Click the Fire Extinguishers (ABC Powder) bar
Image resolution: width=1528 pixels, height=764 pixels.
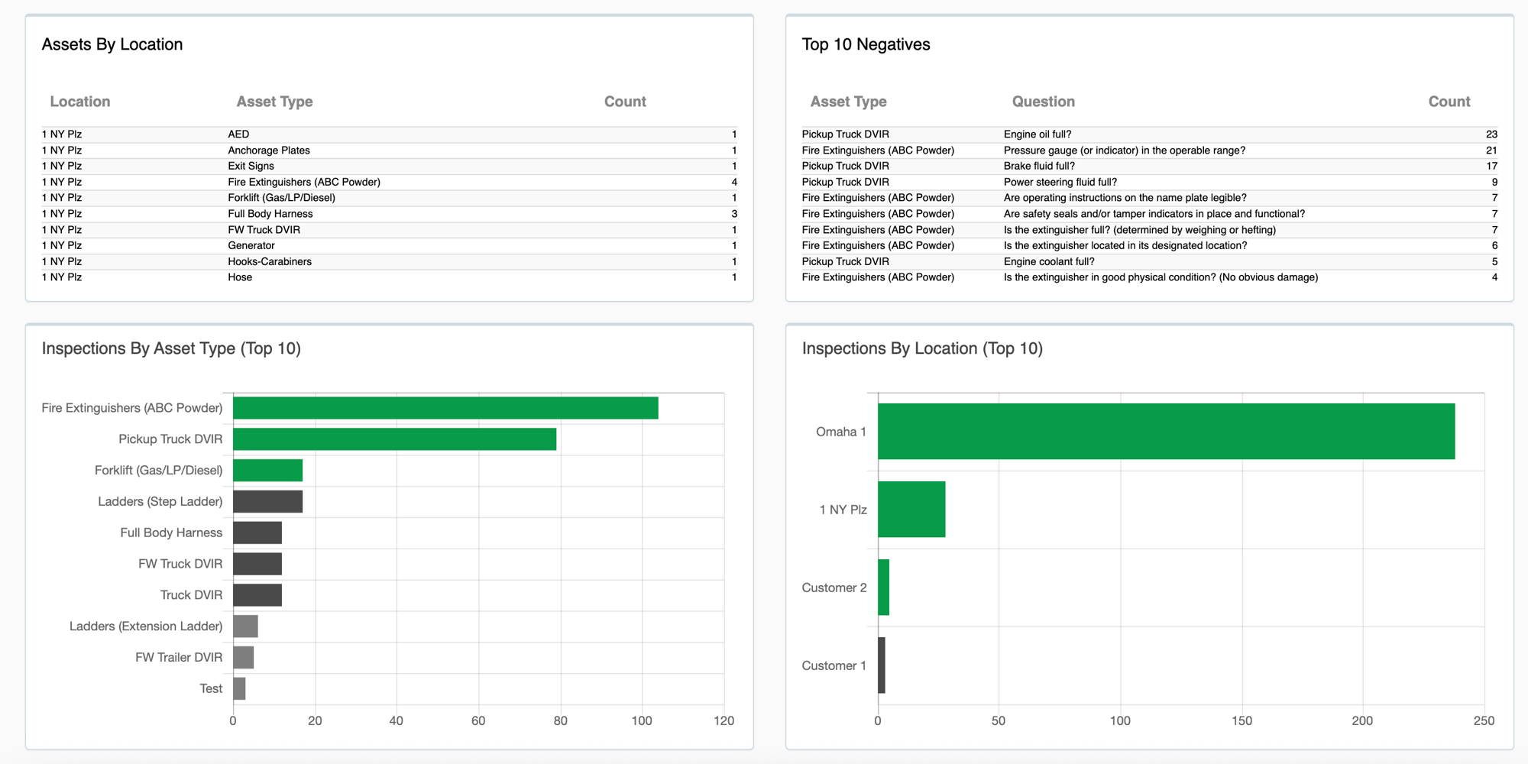click(x=445, y=408)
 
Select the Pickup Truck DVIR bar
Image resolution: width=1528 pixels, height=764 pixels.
click(x=394, y=439)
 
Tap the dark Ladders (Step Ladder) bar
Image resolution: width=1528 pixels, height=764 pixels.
click(x=267, y=501)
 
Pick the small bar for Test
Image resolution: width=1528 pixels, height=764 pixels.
click(x=239, y=688)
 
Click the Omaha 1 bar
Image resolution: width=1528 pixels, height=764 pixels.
click(x=1166, y=432)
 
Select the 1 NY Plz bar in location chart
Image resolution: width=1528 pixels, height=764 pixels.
click(x=911, y=510)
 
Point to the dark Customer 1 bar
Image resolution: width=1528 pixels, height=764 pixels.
click(x=882, y=665)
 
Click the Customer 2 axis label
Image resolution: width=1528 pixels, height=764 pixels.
click(x=834, y=588)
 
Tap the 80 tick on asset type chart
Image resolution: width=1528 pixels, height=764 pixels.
click(x=560, y=720)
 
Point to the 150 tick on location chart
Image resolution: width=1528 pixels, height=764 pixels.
click(x=1241, y=720)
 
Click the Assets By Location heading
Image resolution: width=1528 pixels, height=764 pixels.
click(x=112, y=44)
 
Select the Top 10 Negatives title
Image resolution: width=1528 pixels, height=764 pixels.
click(x=866, y=44)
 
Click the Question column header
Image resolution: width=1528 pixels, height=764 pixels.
click(x=1043, y=102)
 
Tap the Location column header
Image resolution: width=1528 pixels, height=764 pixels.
click(x=80, y=102)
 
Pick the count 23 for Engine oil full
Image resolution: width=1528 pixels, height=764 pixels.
click(x=1491, y=134)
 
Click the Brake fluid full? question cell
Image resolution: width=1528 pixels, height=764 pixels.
click(x=1039, y=166)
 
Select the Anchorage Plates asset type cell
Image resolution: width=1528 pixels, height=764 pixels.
click(x=269, y=151)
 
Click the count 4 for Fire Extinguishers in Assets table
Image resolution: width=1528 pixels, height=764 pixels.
click(x=734, y=182)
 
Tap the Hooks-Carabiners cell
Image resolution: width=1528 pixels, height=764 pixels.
click(x=270, y=261)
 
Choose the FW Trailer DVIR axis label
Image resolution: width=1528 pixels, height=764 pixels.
click(x=179, y=657)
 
